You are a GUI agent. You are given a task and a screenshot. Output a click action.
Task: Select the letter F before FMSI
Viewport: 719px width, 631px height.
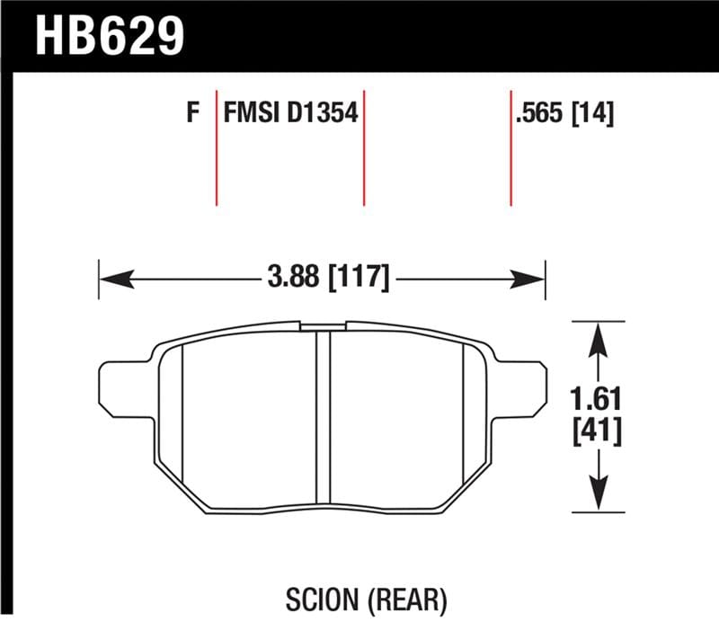(x=191, y=114)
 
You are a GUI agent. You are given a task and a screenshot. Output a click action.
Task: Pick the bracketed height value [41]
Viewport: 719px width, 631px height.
(x=594, y=432)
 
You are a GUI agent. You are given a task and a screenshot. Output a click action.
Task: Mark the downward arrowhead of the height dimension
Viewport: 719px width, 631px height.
(x=594, y=498)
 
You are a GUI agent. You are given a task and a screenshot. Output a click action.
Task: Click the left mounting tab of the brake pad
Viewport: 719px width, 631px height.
(x=121, y=388)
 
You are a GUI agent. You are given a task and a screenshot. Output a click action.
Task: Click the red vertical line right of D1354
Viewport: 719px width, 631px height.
(x=364, y=148)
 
